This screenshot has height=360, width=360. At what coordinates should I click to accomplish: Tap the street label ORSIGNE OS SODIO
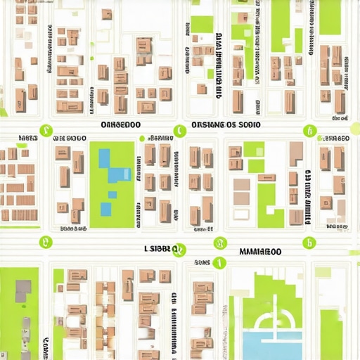click(x=225, y=124)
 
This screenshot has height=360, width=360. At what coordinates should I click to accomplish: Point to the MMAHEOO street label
click(x=260, y=251)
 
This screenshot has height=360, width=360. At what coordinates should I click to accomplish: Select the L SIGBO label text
click(x=160, y=249)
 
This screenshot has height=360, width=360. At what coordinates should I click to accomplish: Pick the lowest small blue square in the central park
click(x=105, y=209)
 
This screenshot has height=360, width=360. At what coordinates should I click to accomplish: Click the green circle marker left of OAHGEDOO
click(x=46, y=129)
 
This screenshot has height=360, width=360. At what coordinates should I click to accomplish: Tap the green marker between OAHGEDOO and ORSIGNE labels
click(x=180, y=129)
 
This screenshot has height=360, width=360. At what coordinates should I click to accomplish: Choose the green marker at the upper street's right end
click(x=308, y=130)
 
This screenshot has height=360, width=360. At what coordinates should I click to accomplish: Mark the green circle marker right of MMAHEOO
click(x=307, y=243)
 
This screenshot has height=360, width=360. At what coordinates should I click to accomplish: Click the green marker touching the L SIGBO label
click(x=179, y=250)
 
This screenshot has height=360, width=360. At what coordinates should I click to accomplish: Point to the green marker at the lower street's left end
click(x=46, y=243)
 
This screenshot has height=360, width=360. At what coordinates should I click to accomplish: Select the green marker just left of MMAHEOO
click(x=219, y=243)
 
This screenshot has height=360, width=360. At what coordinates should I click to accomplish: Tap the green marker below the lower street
click(x=219, y=263)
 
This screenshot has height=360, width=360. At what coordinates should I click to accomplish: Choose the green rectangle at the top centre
click(x=202, y=25)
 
